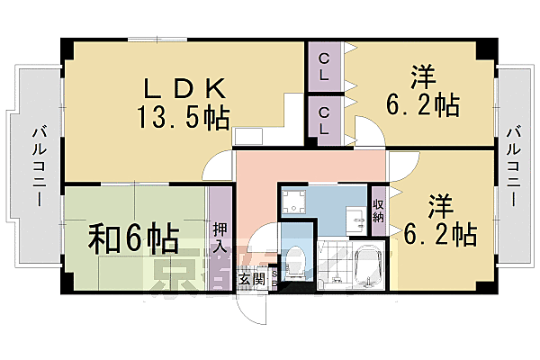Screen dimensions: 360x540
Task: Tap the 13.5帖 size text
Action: [183, 116]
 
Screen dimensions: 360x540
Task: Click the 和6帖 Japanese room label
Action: [132, 238]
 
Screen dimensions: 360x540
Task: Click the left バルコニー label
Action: [37, 164]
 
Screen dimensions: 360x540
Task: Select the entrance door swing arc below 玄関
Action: [257, 310]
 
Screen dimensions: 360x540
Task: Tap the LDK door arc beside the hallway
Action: [217, 167]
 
